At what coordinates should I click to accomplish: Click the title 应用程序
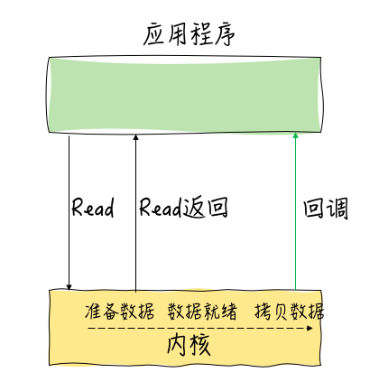(x=189, y=34)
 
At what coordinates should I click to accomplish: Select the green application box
(x=184, y=94)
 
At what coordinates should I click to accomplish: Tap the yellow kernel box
(x=185, y=328)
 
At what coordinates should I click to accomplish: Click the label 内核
(x=189, y=345)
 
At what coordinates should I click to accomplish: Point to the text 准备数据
(x=119, y=311)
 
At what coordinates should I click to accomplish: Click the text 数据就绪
(x=202, y=311)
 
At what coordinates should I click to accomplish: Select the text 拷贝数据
(x=290, y=311)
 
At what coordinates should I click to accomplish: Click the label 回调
(x=326, y=208)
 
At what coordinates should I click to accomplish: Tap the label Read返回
(x=183, y=207)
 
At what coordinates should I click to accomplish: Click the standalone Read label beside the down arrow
(x=93, y=207)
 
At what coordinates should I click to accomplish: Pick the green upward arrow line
(x=295, y=211)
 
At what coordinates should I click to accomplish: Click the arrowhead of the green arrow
(x=295, y=135)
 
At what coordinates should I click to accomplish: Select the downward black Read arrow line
(x=69, y=213)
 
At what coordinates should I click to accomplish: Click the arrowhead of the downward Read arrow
(x=69, y=287)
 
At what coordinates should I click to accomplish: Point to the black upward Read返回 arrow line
(x=135, y=213)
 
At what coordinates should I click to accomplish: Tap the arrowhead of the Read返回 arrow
(x=135, y=137)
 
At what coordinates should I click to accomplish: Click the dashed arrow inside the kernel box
(x=200, y=328)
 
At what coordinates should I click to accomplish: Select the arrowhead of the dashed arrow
(x=310, y=328)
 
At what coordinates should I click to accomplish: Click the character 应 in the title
(x=153, y=34)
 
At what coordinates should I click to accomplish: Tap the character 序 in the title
(x=224, y=34)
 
